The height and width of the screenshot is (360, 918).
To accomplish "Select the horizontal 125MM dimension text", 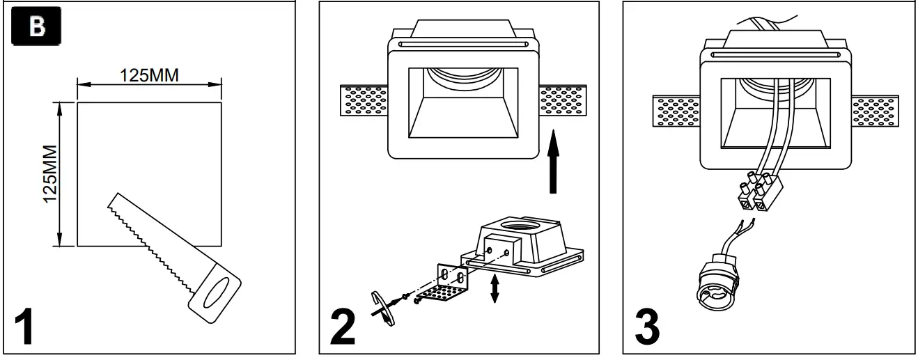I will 148,75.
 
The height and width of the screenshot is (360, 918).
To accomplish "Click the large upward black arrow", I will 552,164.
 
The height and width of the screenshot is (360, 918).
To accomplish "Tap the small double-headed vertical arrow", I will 494,288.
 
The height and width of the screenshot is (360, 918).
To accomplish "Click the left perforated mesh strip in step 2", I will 363,101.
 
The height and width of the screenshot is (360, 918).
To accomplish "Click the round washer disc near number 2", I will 382,306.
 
